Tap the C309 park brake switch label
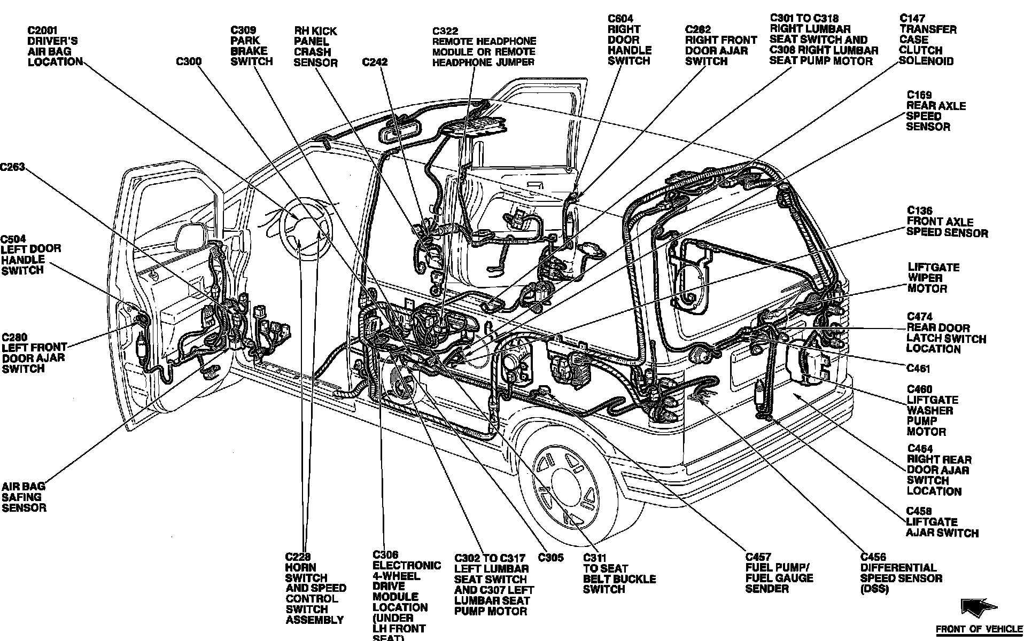pos(251,46)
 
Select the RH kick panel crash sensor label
pos(316,47)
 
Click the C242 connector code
pos(375,62)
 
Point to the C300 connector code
pos(189,62)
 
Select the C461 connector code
pos(918,369)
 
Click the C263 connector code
pos(13,167)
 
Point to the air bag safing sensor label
pos(24,497)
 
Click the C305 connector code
pos(550,558)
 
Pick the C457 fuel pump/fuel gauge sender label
pos(779,573)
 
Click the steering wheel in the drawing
pos(306,229)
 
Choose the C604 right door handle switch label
pos(629,40)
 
